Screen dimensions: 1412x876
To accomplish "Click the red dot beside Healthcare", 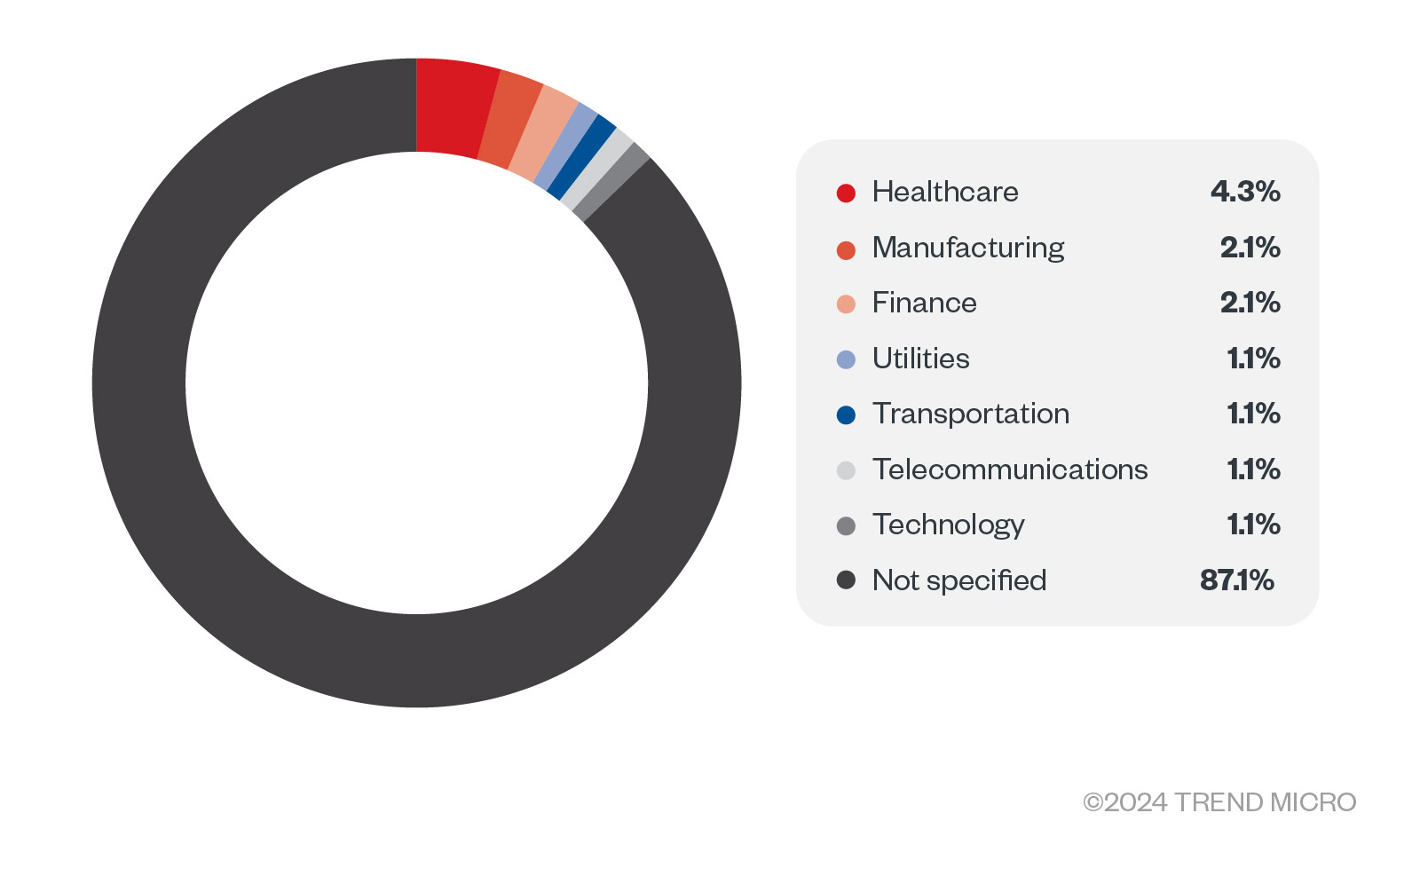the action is tap(846, 193).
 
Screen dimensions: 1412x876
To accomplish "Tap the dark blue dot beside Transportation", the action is tap(846, 414).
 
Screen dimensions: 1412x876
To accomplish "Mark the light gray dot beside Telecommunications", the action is tap(846, 470).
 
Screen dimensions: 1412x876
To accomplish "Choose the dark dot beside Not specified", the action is tap(846, 580).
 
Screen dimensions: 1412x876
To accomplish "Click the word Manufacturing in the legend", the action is tap(968, 248).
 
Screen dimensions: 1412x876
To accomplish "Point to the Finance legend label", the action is tap(925, 303).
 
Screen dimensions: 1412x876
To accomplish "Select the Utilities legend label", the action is tap(921, 358).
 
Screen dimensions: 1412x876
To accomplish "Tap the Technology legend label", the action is tap(949, 525).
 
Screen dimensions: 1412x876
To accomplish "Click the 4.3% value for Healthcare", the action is tap(1245, 191).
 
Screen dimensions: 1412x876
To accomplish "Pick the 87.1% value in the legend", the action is tap(1237, 580).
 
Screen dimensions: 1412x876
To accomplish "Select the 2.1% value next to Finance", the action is tap(1250, 303).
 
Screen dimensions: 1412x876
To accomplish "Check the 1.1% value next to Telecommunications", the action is tap(1254, 470).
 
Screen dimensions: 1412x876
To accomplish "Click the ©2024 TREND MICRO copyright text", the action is tap(1219, 802).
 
